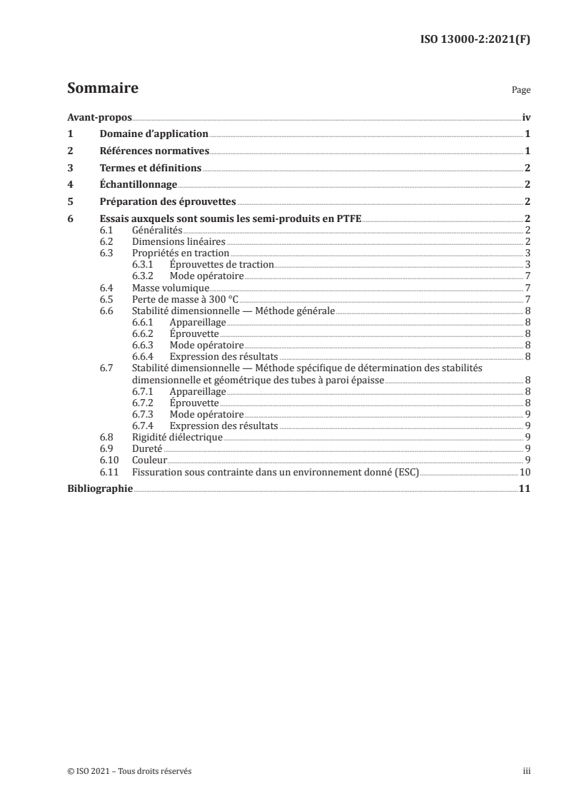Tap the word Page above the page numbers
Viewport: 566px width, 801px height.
(521, 91)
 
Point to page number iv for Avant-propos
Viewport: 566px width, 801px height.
(526, 118)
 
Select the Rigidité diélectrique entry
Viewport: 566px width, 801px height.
(178, 437)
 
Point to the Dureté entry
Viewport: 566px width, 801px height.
(147, 448)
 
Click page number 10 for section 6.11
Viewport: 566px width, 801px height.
(525, 471)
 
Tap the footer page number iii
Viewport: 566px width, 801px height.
(527, 771)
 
